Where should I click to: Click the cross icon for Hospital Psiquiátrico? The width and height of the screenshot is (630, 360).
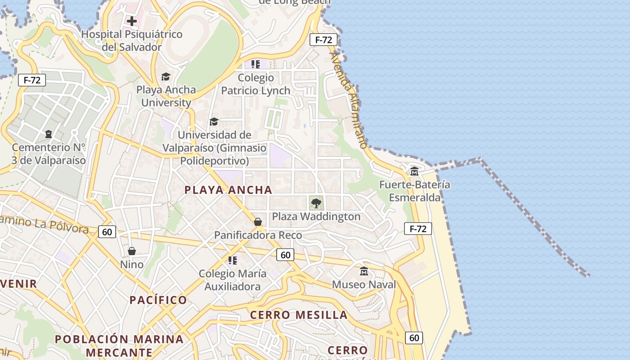pos(131,21)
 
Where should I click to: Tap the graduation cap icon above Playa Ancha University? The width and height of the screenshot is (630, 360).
pos(166,77)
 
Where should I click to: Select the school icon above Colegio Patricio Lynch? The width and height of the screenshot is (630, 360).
pos(256,64)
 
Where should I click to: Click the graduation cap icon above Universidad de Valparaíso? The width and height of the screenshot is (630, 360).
pos(214,122)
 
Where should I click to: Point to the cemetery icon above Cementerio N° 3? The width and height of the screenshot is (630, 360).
pos(48,134)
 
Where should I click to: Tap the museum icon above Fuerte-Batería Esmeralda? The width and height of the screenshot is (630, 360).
pos(414,171)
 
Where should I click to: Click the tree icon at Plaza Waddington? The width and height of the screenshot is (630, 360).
pos(316,203)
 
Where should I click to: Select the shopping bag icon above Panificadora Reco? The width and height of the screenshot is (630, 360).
pos(258,222)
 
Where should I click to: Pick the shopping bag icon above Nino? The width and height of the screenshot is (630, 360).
pos(132,251)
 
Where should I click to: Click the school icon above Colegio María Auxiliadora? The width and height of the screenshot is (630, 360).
pos(233,261)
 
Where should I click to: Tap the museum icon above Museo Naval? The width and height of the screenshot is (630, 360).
pos(364,271)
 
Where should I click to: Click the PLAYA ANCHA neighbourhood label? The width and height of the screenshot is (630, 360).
pos(228,190)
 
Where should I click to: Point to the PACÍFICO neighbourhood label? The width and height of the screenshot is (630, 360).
pos(158,300)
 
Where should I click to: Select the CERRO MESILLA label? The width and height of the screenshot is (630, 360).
pos(299,315)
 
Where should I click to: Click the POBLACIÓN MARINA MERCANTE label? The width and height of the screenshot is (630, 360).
pos(119,345)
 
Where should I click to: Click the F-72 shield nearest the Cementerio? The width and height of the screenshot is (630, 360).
pos(32,81)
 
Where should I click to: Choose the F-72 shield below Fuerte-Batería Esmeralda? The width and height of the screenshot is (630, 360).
pos(418,229)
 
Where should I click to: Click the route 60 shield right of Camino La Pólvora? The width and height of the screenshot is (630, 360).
pos(107,232)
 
